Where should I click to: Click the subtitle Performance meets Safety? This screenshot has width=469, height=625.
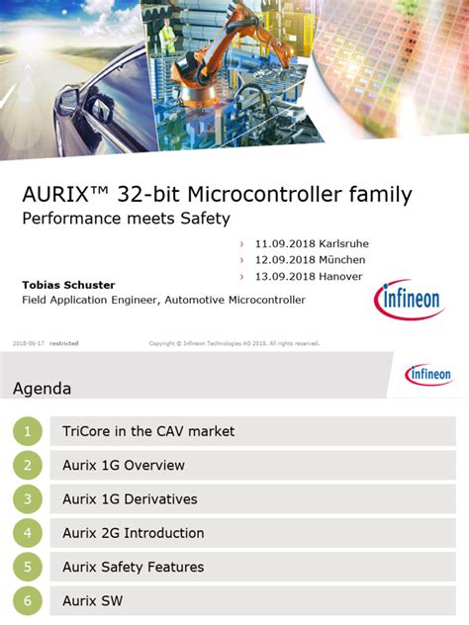tap(126, 219)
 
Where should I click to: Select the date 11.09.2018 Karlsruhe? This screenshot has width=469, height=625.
tap(312, 243)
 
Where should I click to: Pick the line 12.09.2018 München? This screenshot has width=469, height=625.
tap(310, 259)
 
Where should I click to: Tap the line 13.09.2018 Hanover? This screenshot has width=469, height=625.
tap(308, 276)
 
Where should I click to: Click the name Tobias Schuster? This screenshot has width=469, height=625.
tap(68, 285)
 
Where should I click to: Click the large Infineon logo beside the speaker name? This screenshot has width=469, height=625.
tap(409, 300)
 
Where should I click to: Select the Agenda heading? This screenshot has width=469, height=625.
tap(42, 389)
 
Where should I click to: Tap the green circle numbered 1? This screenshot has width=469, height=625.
tap(28, 431)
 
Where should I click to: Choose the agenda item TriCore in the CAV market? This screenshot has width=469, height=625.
tap(148, 431)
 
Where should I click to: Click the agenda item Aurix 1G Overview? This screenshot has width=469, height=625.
tap(123, 465)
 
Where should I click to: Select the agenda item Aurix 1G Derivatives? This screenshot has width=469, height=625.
tap(130, 498)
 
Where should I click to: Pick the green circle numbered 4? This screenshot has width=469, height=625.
tap(28, 533)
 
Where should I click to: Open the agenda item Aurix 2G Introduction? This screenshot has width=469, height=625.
tap(133, 533)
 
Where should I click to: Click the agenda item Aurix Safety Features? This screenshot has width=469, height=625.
tap(133, 567)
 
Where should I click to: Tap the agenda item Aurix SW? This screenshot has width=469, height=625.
tap(92, 600)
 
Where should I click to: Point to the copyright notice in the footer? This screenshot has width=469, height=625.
tap(234, 343)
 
